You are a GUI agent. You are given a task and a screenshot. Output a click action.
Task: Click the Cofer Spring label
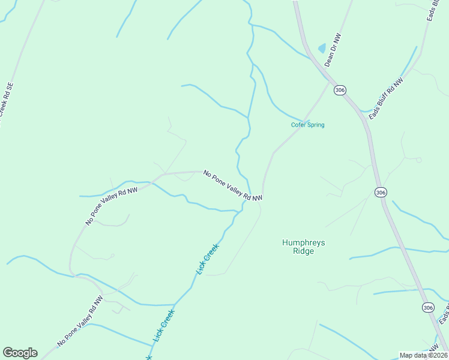(x=307, y=125)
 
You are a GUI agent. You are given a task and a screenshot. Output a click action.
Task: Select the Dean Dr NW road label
(x=332, y=50)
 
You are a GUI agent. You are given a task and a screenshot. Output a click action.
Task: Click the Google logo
(x=20, y=353)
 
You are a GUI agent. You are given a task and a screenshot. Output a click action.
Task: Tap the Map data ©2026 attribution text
(x=423, y=355)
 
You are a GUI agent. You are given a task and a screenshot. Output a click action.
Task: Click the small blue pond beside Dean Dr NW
(x=322, y=48)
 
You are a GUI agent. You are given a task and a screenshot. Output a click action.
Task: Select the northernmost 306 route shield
(x=340, y=90)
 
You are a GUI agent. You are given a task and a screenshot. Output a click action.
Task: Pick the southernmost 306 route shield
(x=427, y=307)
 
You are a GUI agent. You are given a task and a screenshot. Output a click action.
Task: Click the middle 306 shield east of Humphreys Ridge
(x=381, y=192)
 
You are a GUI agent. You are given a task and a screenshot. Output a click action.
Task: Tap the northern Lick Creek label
(x=208, y=259)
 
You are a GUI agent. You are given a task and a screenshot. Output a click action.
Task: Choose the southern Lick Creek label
(x=163, y=326)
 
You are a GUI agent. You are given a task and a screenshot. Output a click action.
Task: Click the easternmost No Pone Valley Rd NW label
(x=233, y=185)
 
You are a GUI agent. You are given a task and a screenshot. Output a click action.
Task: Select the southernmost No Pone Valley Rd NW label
(x=80, y=320)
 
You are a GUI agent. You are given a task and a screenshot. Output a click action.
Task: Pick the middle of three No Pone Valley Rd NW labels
(x=112, y=206)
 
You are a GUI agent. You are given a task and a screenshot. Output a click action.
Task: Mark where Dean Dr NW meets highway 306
(x=330, y=79)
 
